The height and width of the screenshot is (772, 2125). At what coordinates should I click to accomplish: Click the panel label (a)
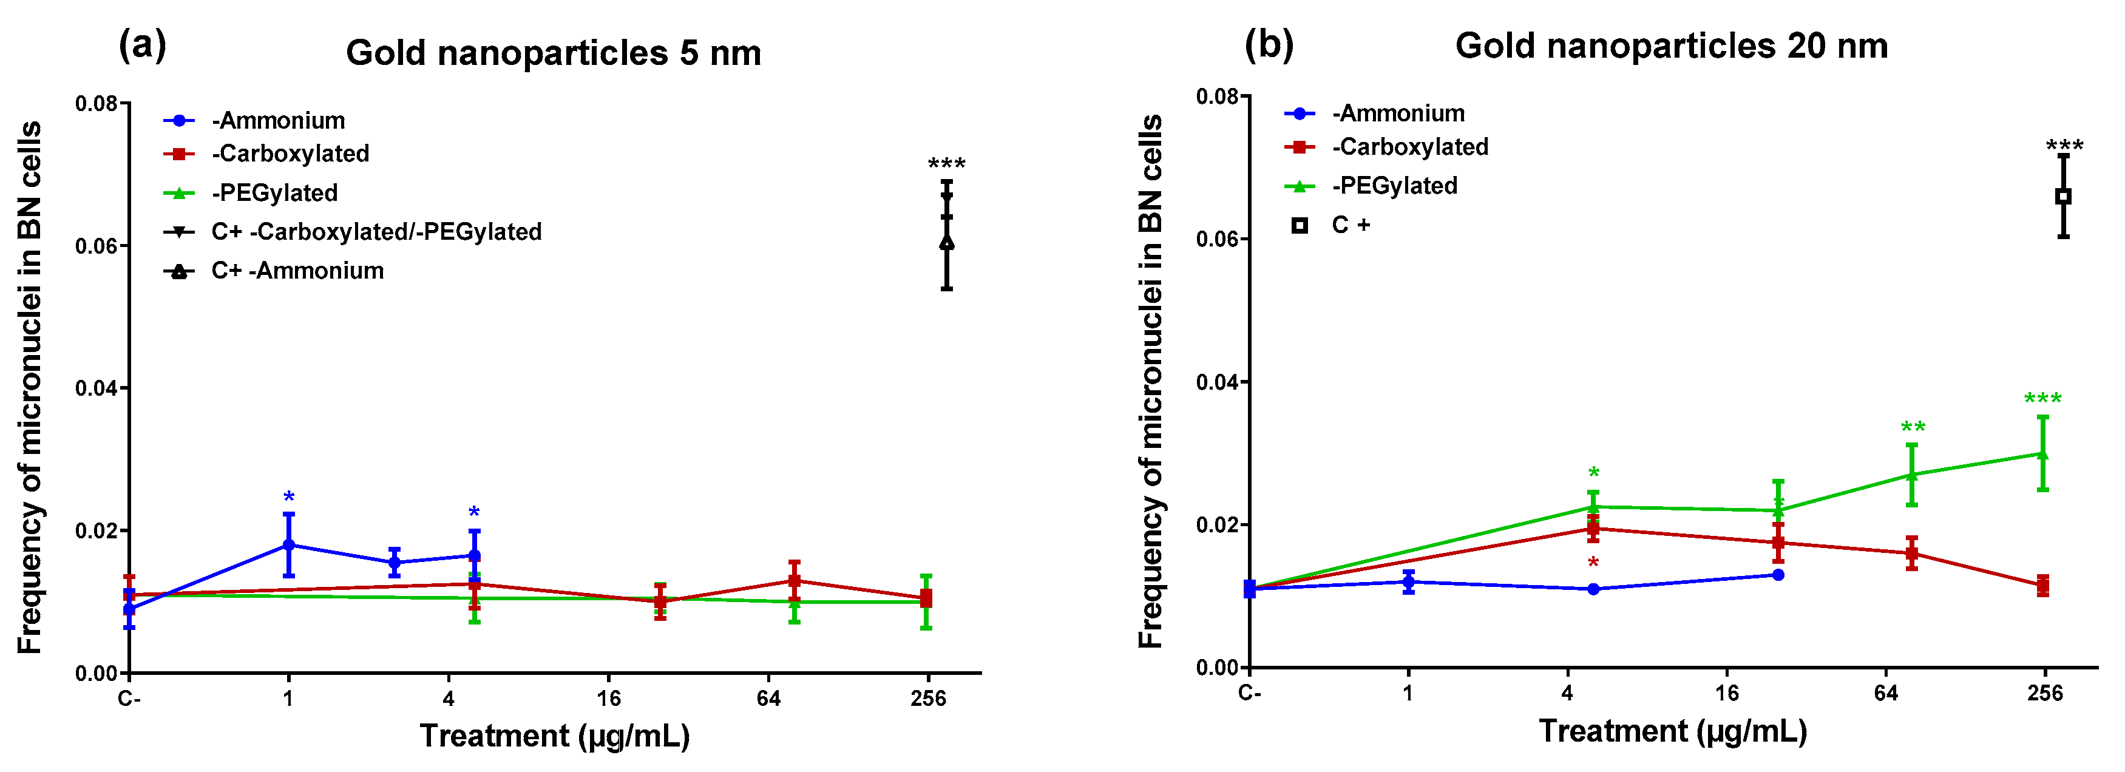click(142, 44)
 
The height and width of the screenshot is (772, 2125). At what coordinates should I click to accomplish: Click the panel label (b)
click(1268, 43)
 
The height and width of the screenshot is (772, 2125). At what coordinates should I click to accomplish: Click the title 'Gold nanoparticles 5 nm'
click(553, 53)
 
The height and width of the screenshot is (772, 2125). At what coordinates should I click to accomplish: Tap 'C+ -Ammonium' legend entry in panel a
click(297, 271)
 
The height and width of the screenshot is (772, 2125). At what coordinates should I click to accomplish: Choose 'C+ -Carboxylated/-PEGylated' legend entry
click(376, 232)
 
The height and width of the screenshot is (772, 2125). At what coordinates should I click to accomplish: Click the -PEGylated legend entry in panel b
click(1394, 186)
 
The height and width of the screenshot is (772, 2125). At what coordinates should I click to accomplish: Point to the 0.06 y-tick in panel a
click(97, 246)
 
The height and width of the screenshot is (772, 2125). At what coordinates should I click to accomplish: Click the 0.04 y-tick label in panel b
click(1218, 382)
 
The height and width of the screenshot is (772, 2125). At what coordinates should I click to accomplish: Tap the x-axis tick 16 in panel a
click(608, 699)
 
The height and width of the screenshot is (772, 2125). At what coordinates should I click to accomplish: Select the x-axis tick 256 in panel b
click(2044, 693)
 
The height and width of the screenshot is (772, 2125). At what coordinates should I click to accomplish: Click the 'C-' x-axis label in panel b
click(1249, 693)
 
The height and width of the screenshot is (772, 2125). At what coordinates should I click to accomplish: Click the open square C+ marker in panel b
click(2062, 196)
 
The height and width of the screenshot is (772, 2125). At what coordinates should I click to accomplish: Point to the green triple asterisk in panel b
click(2042, 400)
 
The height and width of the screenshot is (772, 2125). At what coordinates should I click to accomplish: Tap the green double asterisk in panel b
click(1912, 428)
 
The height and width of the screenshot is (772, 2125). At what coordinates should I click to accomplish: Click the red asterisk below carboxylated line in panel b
click(1593, 563)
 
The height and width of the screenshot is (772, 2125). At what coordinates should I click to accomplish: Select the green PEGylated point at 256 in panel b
click(2042, 453)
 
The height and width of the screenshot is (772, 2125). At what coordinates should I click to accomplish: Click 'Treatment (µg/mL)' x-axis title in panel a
click(554, 736)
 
